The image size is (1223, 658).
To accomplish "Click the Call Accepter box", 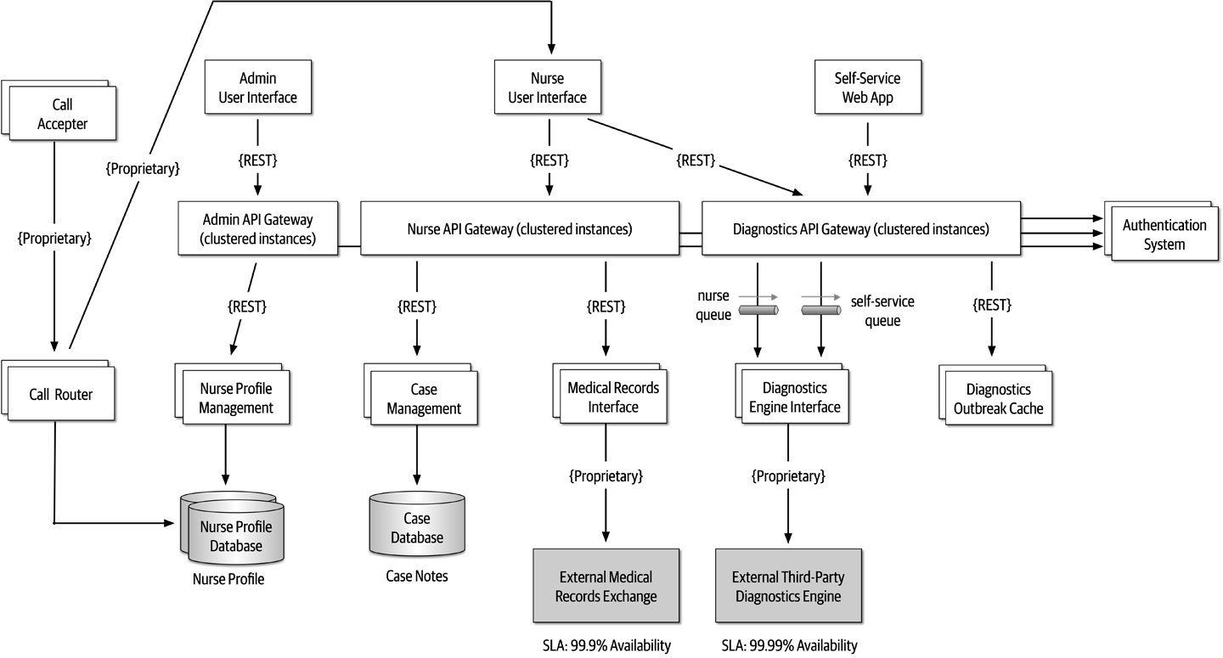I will pyautogui.click(x=63, y=115).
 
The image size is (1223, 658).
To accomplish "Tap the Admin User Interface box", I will pyautogui.click(x=257, y=87).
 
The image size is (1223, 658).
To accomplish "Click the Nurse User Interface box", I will pyautogui.click(x=548, y=87).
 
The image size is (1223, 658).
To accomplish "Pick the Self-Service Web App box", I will pyautogui.click(x=867, y=87).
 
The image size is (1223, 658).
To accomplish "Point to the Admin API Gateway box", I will pyautogui.click(x=257, y=228).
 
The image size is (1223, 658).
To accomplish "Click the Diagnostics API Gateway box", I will pyautogui.click(x=859, y=228).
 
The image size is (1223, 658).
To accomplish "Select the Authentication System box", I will pyautogui.click(x=1164, y=234).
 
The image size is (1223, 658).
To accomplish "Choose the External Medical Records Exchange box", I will pyautogui.click(x=606, y=586).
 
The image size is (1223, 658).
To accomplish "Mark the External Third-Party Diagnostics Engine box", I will pyautogui.click(x=788, y=586).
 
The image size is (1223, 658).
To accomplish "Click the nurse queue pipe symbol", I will pyautogui.click(x=759, y=311).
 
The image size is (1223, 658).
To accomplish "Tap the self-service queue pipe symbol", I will pyautogui.click(x=820, y=311).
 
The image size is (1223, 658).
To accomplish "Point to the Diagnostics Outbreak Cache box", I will pyautogui.click(x=997, y=399).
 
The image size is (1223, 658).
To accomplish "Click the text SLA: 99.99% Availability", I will pyautogui.click(x=789, y=645).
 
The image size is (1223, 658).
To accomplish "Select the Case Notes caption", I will pyautogui.click(x=417, y=576).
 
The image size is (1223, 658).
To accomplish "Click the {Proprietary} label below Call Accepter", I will pyautogui.click(x=54, y=239).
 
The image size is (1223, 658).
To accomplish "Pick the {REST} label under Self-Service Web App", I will pyautogui.click(x=867, y=160).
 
